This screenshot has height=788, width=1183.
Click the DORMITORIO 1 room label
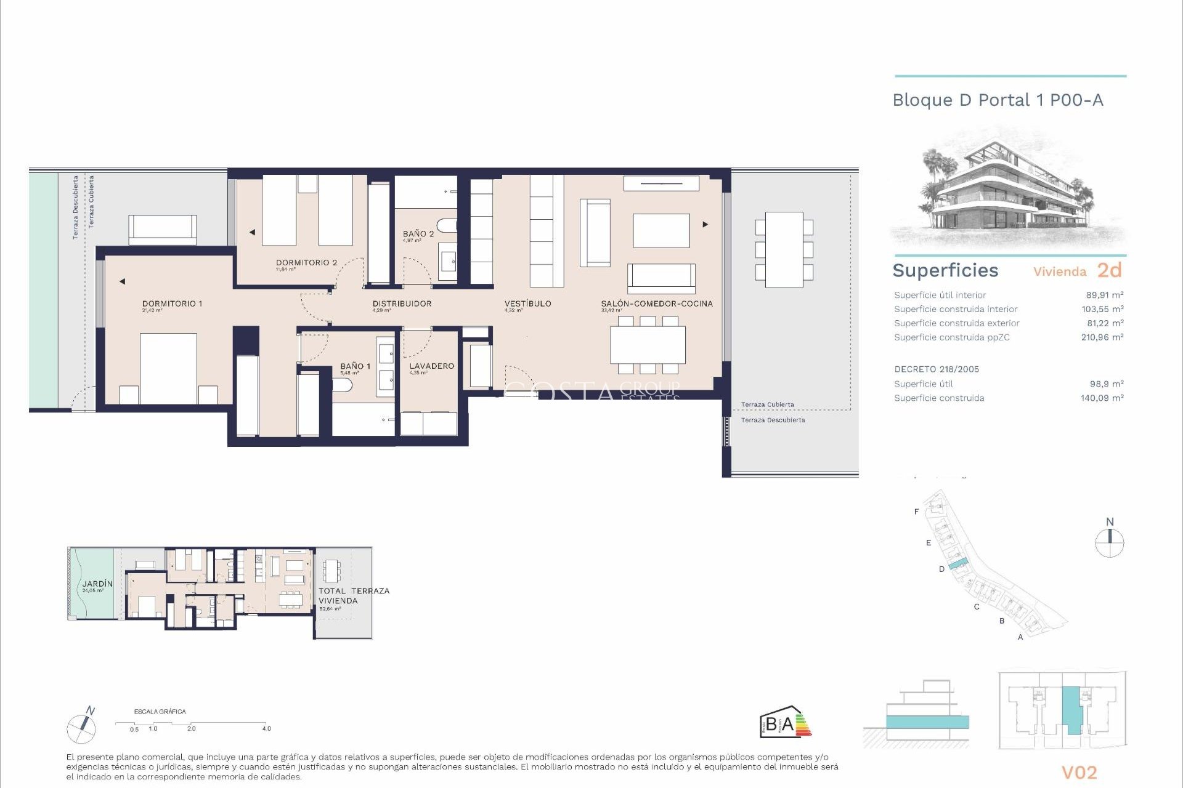click(x=172, y=304)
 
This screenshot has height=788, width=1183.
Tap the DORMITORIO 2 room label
click(x=306, y=262)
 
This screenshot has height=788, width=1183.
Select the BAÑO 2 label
click(x=418, y=234)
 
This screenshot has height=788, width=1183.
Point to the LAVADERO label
click(x=431, y=366)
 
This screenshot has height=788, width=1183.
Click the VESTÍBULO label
click(x=527, y=304)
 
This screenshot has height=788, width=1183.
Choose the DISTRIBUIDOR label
click(x=402, y=304)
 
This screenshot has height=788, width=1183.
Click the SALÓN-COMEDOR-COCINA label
click(x=657, y=304)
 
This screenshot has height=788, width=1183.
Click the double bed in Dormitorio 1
click(x=168, y=368)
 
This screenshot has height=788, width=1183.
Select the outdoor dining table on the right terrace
click(x=784, y=249)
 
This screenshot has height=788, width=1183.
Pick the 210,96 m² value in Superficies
click(x=1102, y=337)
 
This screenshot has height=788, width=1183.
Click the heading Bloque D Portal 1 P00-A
click(x=998, y=100)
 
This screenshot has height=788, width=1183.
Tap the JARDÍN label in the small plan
click(x=97, y=584)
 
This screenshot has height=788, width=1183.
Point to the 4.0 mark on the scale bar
click(x=266, y=728)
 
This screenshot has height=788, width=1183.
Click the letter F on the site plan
click(x=916, y=512)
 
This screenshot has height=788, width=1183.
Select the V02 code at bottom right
click(x=1079, y=773)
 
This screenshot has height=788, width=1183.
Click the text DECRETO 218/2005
click(x=937, y=369)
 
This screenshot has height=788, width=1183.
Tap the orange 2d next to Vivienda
click(x=1109, y=270)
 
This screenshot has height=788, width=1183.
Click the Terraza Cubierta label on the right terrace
click(x=767, y=404)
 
